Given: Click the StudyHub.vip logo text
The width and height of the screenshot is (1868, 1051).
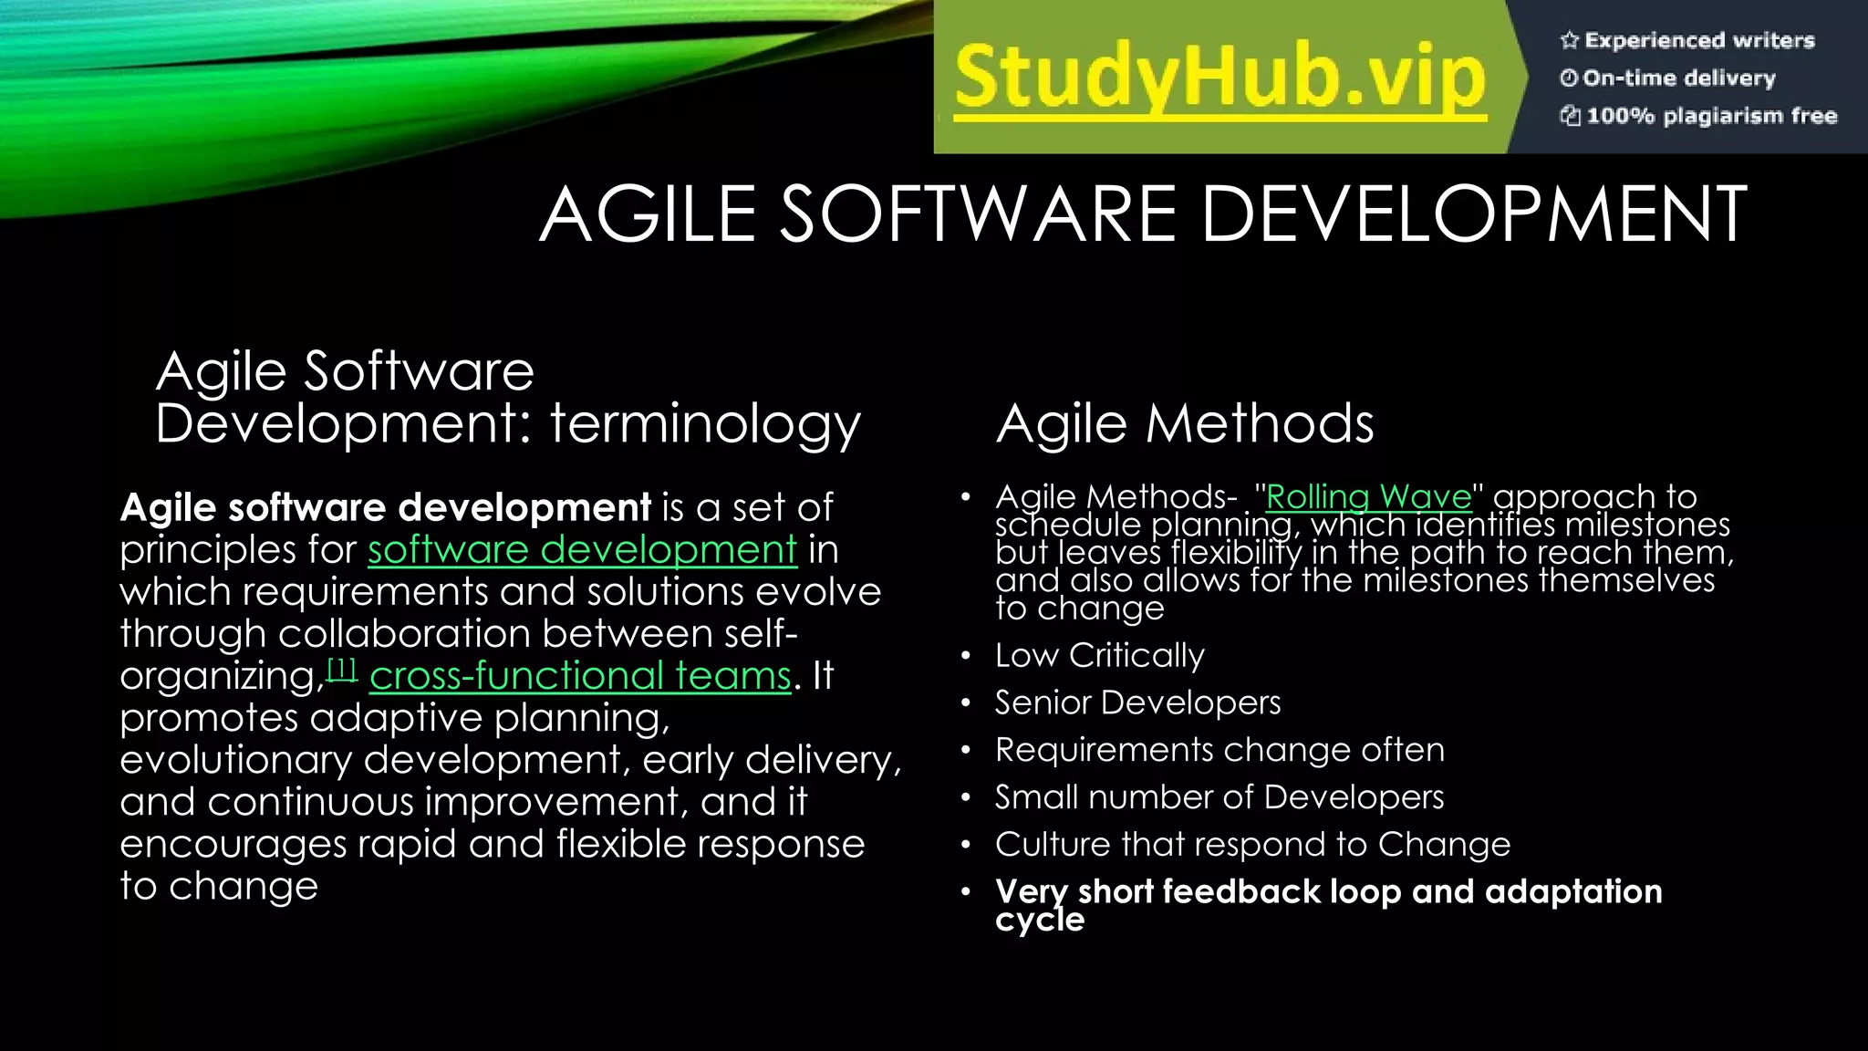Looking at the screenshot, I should point(1219,78).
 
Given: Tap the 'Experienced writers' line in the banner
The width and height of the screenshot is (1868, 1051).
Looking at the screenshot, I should point(1699,40).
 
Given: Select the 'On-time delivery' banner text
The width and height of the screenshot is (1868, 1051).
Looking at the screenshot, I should point(1679,78).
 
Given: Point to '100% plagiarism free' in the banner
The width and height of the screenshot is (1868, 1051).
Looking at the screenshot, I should point(1711,116).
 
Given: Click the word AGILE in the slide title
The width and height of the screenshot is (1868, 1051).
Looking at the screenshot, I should point(648,214).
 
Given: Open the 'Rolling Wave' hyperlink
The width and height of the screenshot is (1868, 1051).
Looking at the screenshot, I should point(1368,497).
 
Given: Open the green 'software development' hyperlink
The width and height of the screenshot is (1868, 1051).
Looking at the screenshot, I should point(582,549).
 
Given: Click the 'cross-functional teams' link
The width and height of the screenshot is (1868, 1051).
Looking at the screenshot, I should point(580,676).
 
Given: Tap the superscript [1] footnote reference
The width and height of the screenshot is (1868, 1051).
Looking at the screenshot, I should point(341,670).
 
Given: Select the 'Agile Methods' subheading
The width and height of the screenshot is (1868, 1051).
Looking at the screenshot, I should point(1184,424).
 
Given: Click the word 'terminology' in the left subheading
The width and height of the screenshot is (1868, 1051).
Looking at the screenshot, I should point(704,424).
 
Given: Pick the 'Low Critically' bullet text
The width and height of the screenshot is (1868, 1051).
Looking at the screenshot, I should point(1099,655).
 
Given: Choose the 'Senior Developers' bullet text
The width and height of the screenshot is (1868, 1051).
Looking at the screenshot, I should point(1137,702).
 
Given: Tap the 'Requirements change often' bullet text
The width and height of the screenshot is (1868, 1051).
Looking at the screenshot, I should point(1219,750).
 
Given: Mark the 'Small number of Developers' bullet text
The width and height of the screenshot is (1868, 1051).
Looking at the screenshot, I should point(1219,797).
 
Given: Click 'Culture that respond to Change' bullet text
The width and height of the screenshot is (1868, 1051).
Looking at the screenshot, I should point(1252,845).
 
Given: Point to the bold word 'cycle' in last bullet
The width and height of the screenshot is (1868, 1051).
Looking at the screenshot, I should point(1040,920).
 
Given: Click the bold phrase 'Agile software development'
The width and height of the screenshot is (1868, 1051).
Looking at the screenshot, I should point(385,507).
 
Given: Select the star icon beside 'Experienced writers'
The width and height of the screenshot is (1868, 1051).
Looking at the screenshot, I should point(1569,40).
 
